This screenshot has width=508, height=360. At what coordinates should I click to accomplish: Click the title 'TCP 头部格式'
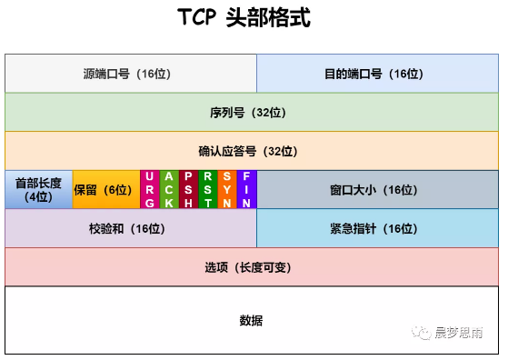tap(254, 19)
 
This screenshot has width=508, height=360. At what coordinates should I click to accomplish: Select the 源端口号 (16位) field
tap(131, 74)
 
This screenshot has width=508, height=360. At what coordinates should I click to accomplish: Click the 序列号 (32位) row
tap(254, 113)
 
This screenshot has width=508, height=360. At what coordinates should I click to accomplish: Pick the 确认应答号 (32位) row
tap(254, 151)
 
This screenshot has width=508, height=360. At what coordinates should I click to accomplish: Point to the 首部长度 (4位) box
tap(38, 189)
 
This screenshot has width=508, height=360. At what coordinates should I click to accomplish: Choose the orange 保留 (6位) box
tap(105, 189)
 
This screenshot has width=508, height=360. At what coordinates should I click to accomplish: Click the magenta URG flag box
tap(149, 189)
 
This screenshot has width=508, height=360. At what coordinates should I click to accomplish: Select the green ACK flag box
tap(168, 189)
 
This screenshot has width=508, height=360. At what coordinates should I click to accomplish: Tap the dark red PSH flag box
tap(188, 189)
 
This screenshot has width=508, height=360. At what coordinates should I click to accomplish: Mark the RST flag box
tap(208, 189)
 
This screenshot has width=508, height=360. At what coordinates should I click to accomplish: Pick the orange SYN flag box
tap(227, 189)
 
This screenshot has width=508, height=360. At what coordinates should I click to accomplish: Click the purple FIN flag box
tap(247, 189)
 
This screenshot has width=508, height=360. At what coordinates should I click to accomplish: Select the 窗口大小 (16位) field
tap(379, 189)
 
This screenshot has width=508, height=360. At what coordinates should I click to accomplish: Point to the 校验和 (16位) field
tap(131, 228)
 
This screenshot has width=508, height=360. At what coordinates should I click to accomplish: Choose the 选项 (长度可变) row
tap(254, 267)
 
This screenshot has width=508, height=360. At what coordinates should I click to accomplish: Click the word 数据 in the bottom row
tap(252, 320)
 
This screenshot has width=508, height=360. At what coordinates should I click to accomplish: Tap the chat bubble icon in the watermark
tap(423, 333)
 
